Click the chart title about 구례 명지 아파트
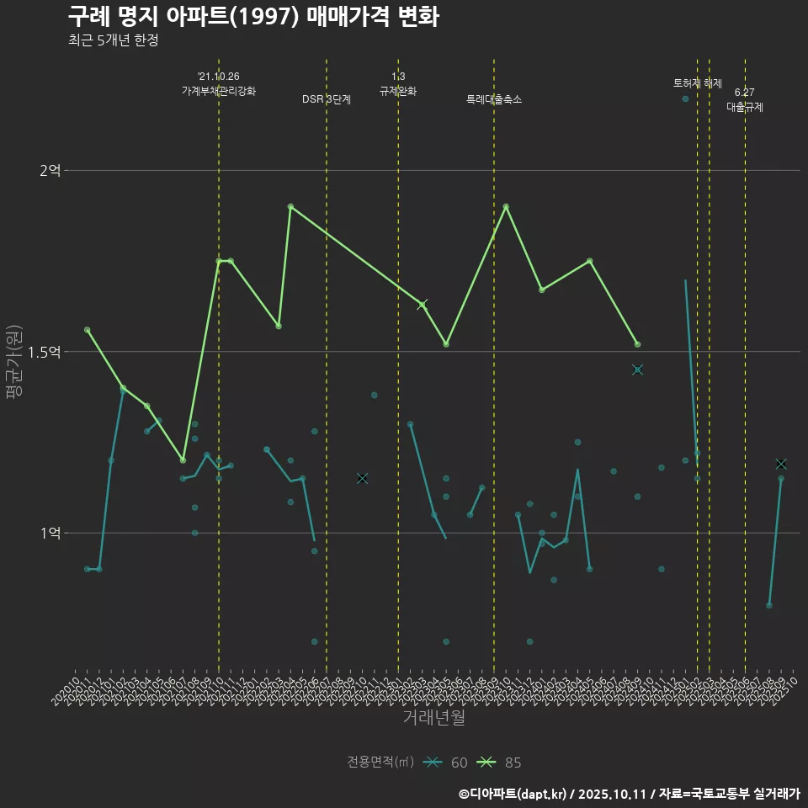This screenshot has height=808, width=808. [x=252, y=17]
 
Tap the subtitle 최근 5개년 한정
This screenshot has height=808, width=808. [x=113, y=40]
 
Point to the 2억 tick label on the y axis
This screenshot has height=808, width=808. [x=50, y=171]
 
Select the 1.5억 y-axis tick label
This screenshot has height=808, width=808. [x=44, y=352]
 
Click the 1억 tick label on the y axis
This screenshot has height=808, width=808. [x=50, y=533]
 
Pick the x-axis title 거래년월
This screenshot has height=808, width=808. [x=433, y=718]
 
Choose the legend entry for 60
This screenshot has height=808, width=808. [x=448, y=763]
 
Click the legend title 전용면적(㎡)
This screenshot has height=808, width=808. [x=380, y=763]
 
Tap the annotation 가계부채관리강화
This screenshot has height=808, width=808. [x=218, y=90]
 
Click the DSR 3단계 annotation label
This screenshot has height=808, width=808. [x=327, y=99]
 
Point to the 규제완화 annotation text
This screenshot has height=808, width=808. [x=398, y=90]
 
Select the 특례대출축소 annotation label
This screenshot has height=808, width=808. [x=494, y=99]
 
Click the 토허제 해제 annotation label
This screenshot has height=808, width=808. [x=698, y=83]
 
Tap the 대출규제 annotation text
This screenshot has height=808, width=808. [x=745, y=107]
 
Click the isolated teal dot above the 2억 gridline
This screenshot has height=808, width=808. [x=685, y=99]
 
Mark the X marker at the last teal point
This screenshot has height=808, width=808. [x=781, y=464]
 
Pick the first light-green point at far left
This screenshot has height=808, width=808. [x=87, y=330]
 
